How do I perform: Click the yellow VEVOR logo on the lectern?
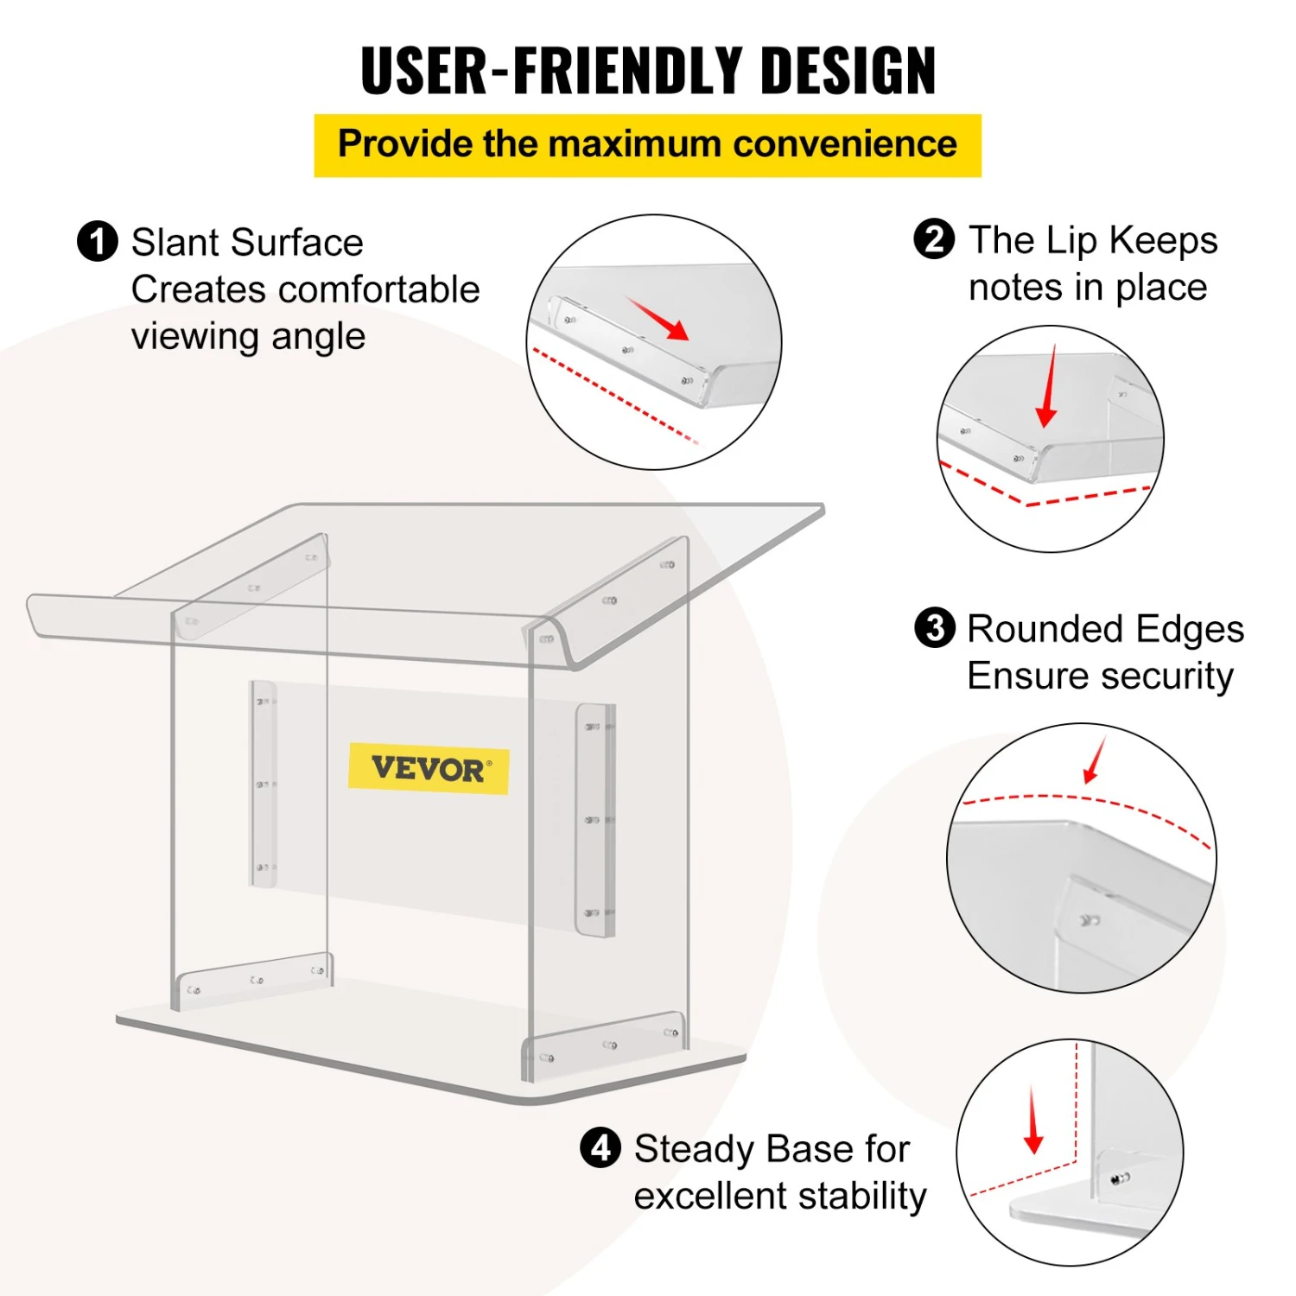click(x=429, y=768)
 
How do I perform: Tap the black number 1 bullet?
click(x=97, y=242)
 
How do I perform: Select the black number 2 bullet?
click(x=934, y=239)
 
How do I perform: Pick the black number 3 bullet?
click(x=935, y=628)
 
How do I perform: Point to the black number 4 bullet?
click(x=600, y=1147)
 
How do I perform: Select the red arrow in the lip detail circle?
click(x=1048, y=386)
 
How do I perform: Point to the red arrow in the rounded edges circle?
click(x=1095, y=760)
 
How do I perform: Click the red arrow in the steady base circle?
click(x=1033, y=1121)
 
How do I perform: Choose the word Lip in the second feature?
click(x=1073, y=241)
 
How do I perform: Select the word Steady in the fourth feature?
click(x=696, y=1150)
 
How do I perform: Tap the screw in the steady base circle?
click(x=1120, y=1178)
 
